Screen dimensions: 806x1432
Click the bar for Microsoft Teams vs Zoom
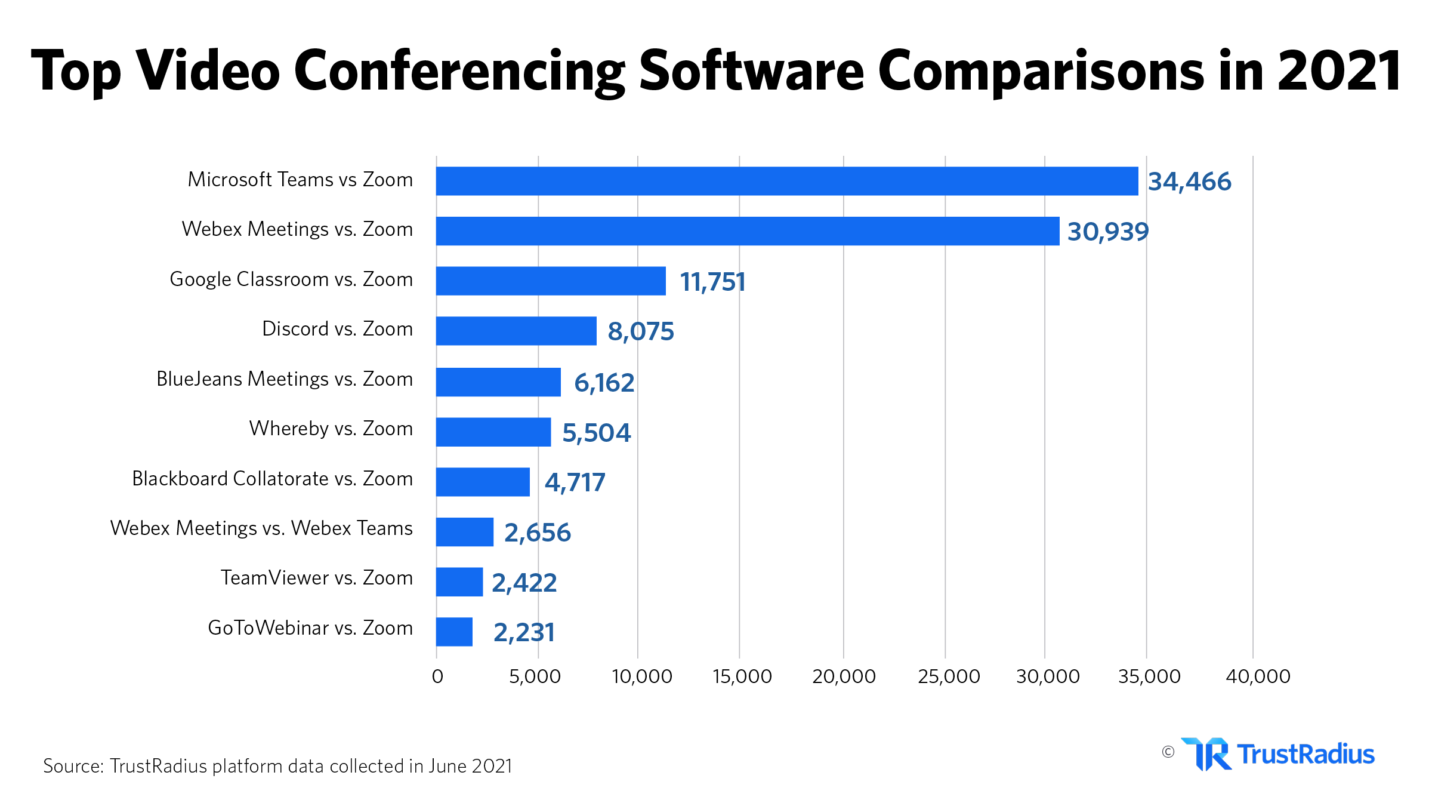point(786,181)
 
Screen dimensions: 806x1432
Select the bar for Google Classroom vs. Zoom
point(550,281)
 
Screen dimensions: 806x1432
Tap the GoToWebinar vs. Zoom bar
point(454,632)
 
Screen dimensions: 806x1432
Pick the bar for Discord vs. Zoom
point(516,331)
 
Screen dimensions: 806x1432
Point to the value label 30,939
point(1107,232)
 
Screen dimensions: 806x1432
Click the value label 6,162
point(604,383)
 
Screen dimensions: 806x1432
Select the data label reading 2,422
point(524,583)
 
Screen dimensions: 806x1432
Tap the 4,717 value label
point(575,482)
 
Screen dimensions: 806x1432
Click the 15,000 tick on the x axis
point(742,676)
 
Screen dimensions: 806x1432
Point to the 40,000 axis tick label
point(1258,676)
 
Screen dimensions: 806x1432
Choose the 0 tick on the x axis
point(437,676)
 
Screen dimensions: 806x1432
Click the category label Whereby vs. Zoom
point(331,429)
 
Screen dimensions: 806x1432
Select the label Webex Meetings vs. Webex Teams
point(261,528)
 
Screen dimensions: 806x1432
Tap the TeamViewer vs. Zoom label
point(316,578)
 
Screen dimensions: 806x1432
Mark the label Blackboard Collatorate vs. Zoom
point(272,479)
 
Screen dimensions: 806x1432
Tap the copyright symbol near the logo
point(1168,752)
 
